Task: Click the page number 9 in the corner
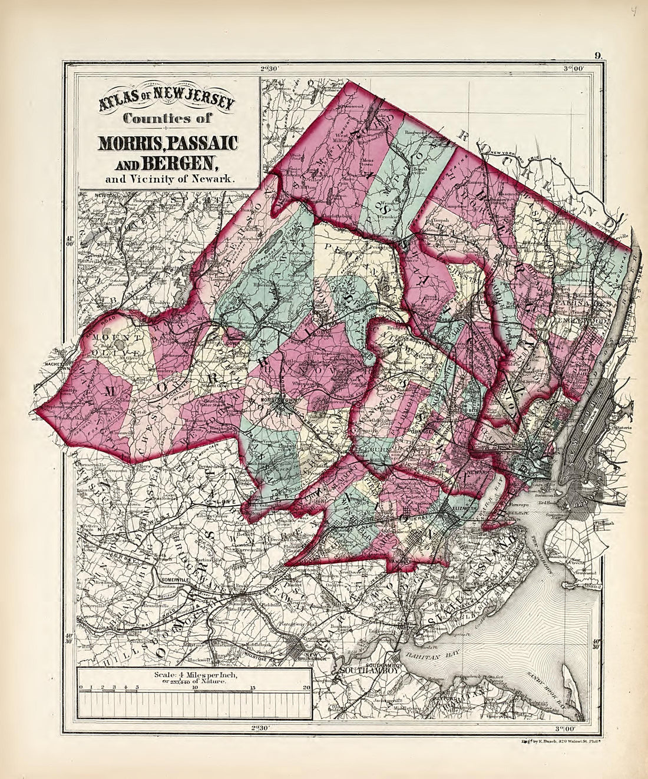point(597,56)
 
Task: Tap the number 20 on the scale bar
point(306,687)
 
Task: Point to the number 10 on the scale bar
point(195,687)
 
